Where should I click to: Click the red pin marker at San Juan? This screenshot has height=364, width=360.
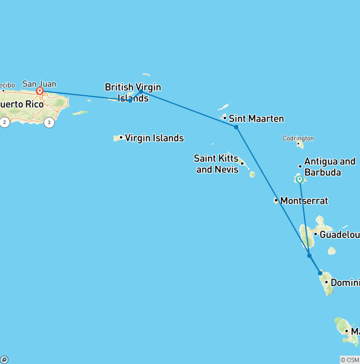[x=40, y=91]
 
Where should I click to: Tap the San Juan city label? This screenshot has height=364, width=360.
[x=39, y=84]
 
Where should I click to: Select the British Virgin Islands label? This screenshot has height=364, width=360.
[x=133, y=92]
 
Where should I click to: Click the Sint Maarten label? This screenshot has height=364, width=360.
[x=256, y=119]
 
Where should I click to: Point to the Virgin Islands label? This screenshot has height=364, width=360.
[x=154, y=138]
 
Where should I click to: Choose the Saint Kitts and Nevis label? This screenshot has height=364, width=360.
[x=217, y=164]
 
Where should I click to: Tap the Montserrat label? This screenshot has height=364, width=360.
[x=304, y=201]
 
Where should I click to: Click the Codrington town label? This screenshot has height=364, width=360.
[x=298, y=138]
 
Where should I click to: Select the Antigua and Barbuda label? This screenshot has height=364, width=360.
[x=330, y=167]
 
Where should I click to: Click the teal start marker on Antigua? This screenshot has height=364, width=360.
[x=300, y=179]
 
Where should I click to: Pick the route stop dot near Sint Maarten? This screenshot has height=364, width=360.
[x=236, y=127]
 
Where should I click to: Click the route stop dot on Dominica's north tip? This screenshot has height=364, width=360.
[x=320, y=273]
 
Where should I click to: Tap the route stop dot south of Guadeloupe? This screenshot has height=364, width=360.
[x=309, y=256]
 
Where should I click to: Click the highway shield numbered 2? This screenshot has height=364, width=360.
[x=5, y=123]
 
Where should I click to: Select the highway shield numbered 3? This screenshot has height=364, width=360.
[x=49, y=123]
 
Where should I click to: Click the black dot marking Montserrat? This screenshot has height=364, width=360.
[x=276, y=201]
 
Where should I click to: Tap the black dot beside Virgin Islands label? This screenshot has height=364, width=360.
[x=121, y=137]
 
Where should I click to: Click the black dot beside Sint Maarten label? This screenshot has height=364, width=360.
[x=225, y=118]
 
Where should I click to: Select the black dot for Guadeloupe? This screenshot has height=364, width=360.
[x=315, y=234]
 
